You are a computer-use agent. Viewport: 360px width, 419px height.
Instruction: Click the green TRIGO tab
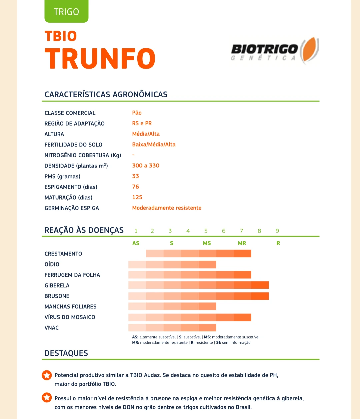click(66, 12)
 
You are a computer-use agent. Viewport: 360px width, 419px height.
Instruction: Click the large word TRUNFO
click(100, 59)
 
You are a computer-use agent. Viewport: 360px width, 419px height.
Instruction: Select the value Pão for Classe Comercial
click(137, 113)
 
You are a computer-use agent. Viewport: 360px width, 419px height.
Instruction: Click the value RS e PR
click(142, 124)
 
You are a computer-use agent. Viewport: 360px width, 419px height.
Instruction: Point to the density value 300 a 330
click(146, 166)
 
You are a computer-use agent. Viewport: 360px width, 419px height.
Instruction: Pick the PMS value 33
click(135, 176)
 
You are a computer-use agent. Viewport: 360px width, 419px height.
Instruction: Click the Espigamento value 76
click(135, 187)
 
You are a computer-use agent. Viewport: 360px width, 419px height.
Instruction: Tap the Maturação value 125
click(137, 198)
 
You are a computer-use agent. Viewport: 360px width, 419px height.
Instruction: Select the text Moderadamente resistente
click(167, 208)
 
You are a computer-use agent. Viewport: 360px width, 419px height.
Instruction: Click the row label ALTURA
click(54, 134)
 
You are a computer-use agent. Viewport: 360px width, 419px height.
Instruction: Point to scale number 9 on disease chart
click(277, 231)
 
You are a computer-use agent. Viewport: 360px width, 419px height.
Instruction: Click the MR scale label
click(242, 243)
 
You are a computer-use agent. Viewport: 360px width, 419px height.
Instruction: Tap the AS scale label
click(136, 243)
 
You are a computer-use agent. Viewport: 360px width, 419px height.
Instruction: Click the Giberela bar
click(198, 285)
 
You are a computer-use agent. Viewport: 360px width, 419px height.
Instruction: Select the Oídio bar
click(172, 264)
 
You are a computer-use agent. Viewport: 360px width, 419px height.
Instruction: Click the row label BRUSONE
click(57, 296)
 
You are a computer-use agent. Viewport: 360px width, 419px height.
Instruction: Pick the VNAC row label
click(52, 328)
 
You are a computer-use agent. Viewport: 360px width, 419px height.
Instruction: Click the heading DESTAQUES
click(66, 353)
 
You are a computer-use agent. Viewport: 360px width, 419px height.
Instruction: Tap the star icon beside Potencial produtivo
click(47, 375)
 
